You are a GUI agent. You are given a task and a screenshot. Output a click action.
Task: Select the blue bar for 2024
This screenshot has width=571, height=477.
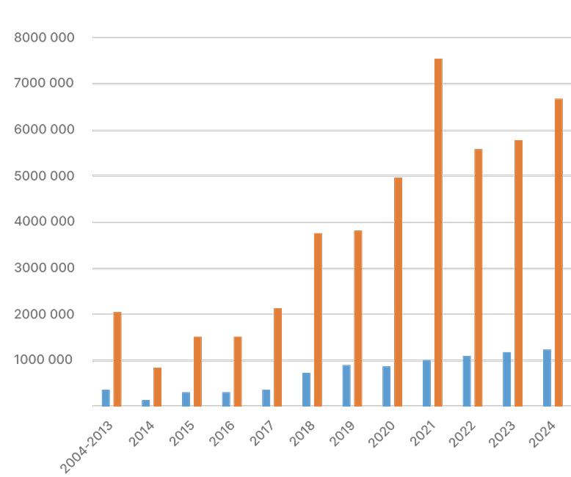click(547, 378)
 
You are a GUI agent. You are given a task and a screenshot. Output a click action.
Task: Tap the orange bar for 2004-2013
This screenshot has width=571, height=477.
click(117, 359)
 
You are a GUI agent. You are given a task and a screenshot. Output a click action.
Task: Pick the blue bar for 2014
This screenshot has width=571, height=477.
click(146, 403)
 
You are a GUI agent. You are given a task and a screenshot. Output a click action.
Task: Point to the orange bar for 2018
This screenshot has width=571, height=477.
click(318, 319)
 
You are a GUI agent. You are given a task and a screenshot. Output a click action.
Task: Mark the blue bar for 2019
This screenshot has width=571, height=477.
click(346, 385)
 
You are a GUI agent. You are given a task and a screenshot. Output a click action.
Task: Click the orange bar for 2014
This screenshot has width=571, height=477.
click(157, 387)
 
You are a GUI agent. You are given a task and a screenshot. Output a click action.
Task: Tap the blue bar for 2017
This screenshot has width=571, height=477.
click(266, 398)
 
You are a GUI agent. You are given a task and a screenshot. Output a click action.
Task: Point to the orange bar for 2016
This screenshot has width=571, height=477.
click(238, 371)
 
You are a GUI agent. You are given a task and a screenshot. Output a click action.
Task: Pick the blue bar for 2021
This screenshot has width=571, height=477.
click(426, 383)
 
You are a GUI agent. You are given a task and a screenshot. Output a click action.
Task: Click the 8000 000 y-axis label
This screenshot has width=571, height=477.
click(44, 37)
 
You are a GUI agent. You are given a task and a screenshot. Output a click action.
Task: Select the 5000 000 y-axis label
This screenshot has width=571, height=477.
click(44, 176)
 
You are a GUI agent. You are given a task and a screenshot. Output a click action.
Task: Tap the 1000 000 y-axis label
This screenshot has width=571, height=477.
click(44, 360)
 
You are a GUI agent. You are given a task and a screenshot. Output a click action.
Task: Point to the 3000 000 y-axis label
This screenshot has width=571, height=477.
click(44, 269)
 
